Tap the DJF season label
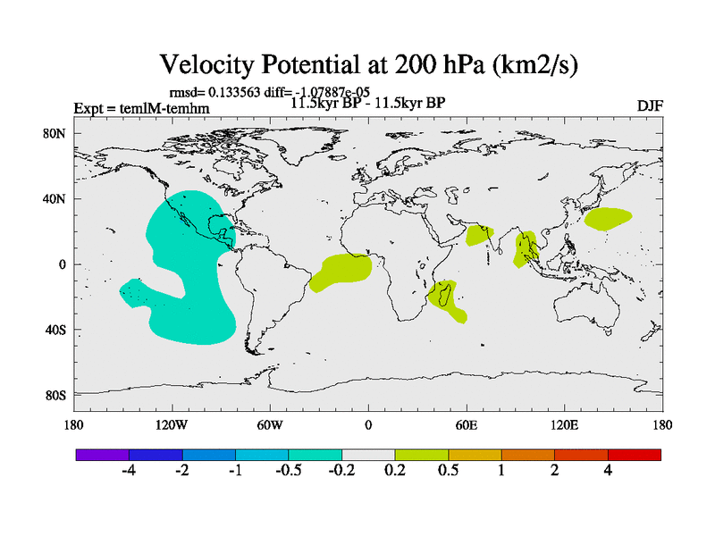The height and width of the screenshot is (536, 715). (649, 105)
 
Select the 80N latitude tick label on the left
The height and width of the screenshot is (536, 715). (55, 133)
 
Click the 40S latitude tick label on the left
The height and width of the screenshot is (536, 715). (55, 330)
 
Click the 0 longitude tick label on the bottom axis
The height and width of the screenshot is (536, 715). (368, 424)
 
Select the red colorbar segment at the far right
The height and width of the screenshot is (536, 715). (635, 455)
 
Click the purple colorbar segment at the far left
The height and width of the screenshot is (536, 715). (103, 455)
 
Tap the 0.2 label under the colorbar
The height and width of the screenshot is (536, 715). (395, 472)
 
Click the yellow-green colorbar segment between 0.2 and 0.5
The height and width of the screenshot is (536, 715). (422, 455)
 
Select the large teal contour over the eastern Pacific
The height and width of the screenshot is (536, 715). (188, 268)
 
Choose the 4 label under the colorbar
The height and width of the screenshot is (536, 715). (608, 472)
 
